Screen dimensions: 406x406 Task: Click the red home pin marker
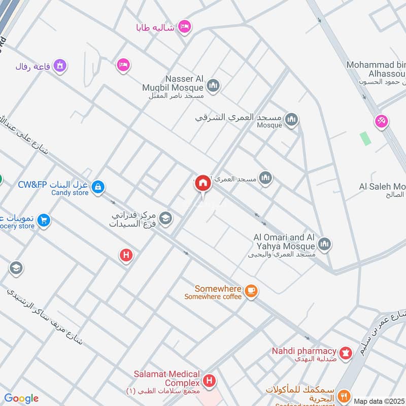(203, 183)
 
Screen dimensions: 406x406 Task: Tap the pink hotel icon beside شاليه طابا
(184, 26)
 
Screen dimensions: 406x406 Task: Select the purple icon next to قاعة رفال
(60, 65)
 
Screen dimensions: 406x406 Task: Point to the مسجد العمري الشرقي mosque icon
(291, 119)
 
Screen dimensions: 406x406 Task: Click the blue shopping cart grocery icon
(44, 220)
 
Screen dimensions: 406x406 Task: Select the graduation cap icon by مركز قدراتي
(165, 219)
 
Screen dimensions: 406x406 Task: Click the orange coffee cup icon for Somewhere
(251, 291)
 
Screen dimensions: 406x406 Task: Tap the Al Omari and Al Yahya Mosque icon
(325, 244)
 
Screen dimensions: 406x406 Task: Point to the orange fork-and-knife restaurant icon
(345, 395)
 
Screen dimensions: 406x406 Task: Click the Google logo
(21, 399)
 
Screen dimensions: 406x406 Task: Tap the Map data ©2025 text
(379, 401)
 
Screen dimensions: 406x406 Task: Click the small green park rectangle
(365, 138)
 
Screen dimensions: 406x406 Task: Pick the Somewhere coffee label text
(213, 296)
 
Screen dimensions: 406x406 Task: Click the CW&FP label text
(31, 184)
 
